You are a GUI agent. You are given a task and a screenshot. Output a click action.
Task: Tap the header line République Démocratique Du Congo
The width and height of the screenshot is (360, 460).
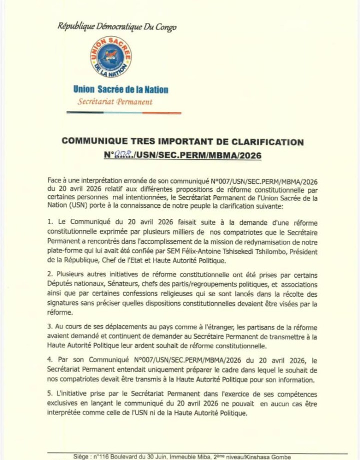coord(117,26)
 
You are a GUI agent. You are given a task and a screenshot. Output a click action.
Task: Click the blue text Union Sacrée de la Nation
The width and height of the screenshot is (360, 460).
coord(120,90)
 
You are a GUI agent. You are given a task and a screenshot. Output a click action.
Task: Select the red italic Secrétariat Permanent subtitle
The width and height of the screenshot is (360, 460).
coord(115,102)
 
